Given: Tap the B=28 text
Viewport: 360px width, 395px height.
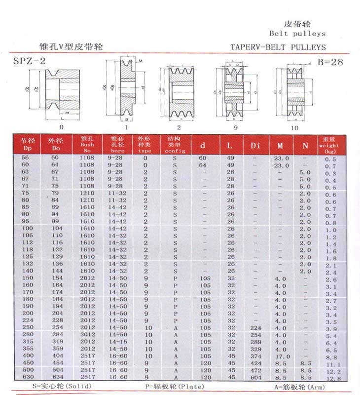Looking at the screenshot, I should click(330, 62).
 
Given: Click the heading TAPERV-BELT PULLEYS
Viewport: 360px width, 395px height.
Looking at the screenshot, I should click(278, 47).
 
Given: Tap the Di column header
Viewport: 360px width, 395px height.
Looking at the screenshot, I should click(255, 146).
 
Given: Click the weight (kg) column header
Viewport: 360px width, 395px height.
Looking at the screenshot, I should click(329, 145).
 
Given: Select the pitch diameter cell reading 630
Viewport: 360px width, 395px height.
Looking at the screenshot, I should click(27, 377).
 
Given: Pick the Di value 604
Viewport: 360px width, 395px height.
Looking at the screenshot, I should click(255, 377).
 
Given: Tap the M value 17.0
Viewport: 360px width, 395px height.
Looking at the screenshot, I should click(281, 355).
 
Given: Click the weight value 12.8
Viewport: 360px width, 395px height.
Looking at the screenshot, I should click(330, 378).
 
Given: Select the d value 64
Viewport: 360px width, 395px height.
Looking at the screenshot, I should click(202, 165).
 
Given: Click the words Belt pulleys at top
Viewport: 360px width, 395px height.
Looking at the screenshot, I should click(297, 34).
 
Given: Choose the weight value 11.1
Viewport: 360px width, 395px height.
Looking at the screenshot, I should click(330, 364).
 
